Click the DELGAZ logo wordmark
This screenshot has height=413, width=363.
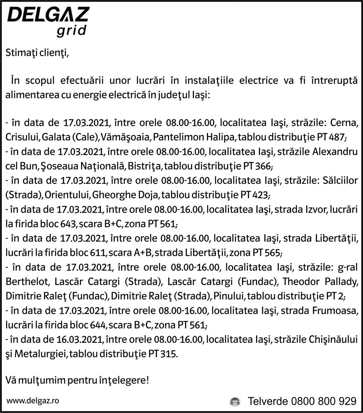click(x=48, y=15)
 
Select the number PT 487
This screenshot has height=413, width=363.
click(x=331, y=138)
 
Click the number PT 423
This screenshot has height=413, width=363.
click(x=254, y=195)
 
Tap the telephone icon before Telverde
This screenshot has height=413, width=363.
click(x=234, y=402)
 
